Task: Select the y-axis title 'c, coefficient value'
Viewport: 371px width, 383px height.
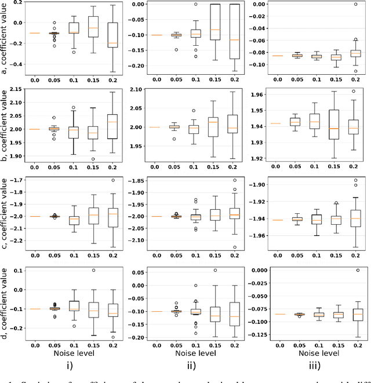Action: tap(5, 217)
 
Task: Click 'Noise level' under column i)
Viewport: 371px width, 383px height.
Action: tap(73, 351)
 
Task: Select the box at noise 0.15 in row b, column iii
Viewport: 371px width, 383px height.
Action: tap(334, 125)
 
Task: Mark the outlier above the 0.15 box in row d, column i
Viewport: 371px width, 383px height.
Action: tap(93, 271)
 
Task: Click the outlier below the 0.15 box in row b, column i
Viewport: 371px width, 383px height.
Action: tap(93, 159)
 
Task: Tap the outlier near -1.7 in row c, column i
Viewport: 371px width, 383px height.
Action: tap(112, 180)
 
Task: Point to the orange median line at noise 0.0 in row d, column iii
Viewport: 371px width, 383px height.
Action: tap(280, 314)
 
